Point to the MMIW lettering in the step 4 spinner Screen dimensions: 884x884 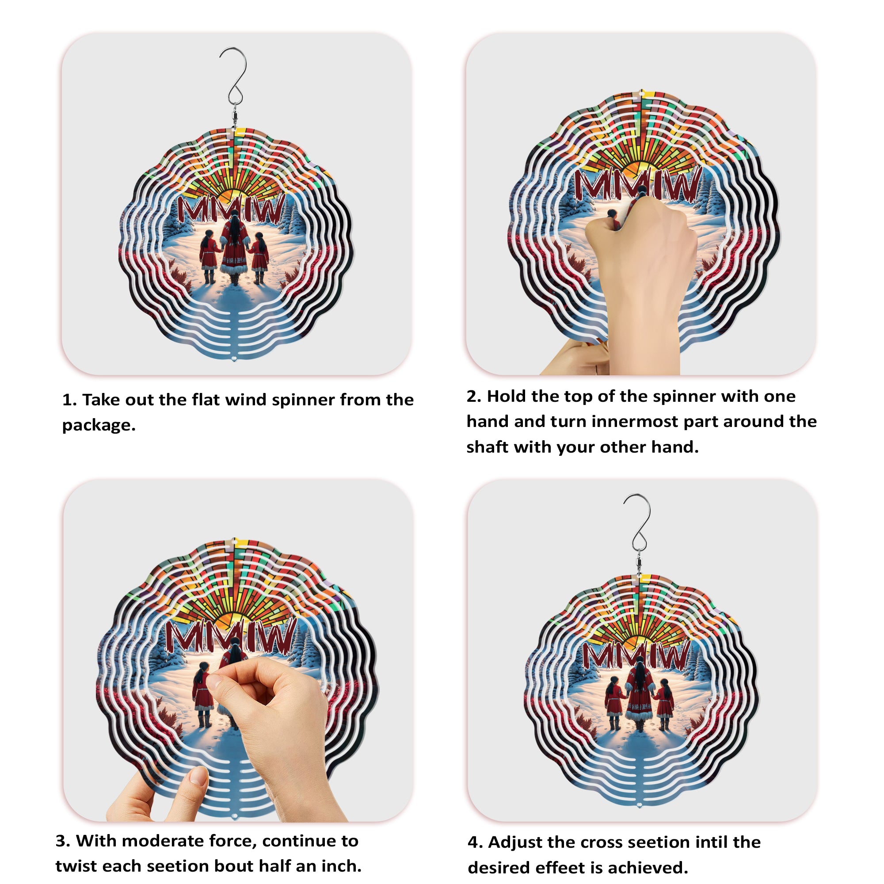(x=636, y=655)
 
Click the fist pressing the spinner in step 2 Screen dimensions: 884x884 (x=640, y=256)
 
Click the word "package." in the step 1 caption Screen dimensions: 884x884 (x=99, y=425)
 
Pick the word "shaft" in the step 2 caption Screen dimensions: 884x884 (x=487, y=447)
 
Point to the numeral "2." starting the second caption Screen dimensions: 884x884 (x=474, y=396)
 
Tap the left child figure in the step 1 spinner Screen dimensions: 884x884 (x=209, y=257)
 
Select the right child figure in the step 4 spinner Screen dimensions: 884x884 (x=664, y=705)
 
